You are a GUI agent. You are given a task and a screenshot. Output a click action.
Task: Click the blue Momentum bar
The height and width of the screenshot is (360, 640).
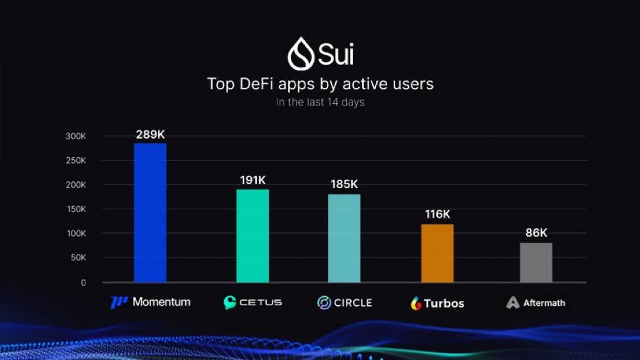[x=150, y=213]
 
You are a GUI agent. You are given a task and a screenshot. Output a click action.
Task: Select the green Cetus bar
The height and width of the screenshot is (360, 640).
[x=252, y=236]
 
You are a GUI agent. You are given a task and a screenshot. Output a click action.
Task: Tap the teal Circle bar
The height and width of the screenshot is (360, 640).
[x=344, y=238]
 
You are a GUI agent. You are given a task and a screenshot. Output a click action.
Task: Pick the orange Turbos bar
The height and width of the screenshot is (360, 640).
[x=437, y=253]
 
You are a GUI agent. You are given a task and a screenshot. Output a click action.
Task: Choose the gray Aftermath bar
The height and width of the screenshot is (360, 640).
[x=536, y=262]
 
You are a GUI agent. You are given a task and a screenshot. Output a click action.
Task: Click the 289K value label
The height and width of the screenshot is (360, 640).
[x=150, y=135]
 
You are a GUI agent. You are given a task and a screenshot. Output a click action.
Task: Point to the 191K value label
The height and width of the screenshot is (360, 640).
[x=252, y=180]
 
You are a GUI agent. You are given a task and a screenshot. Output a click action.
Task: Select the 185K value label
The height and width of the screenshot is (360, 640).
[x=344, y=185]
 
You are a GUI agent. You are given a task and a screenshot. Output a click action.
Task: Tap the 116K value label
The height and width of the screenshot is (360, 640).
[x=437, y=215]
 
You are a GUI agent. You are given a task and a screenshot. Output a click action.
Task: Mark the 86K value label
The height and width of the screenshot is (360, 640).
[x=536, y=233]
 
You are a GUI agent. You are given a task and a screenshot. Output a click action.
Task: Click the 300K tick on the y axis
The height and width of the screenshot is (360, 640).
[x=76, y=136]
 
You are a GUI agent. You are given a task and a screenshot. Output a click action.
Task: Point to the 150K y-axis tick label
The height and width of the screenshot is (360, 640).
[x=76, y=209]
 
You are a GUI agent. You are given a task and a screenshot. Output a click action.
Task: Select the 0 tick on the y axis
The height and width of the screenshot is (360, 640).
[x=84, y=283]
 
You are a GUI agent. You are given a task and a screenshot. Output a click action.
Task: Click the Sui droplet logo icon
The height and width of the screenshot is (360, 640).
[x=301, y=54]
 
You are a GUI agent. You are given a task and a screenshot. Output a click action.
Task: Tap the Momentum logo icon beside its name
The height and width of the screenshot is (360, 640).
[x=119, y=302]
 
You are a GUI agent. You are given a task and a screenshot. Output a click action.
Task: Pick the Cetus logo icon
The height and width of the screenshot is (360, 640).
[x=230, y=302]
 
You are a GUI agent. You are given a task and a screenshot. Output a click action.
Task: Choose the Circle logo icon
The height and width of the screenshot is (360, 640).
[x=324, y=303]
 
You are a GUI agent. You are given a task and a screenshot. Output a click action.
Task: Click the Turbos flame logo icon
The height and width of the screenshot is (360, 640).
[x=416, y=303]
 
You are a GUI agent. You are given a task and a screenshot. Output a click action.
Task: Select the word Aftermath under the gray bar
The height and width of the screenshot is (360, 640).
[x=544, y=303]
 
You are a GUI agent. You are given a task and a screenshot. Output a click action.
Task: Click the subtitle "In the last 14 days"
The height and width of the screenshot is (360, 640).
[x=320, y=102]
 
